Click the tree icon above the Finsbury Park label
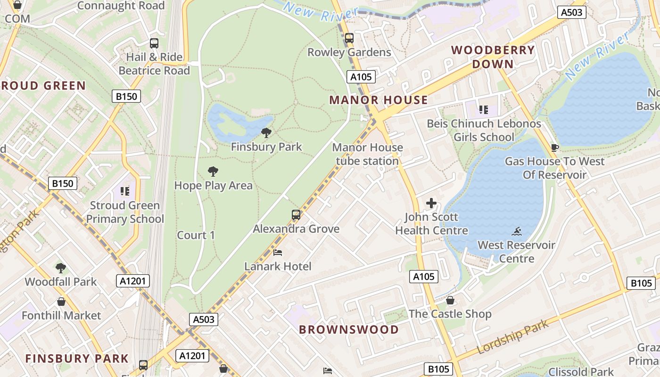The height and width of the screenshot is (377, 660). pyautogui.click(x=266, y=133)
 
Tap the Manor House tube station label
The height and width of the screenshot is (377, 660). pyautogui.click(x=367, y=154)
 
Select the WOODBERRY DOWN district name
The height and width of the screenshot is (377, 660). pyautogui.click(x=493, y=57)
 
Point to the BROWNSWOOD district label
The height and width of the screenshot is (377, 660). pyautogui.click(x=349, y=329)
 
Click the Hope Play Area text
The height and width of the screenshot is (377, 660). pyautogui.click(x=214, y=185)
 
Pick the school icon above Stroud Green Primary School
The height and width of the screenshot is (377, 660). pyautogui.click(x=125, y=191)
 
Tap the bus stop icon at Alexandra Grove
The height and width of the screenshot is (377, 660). pyautogui.click(x=296, y=215)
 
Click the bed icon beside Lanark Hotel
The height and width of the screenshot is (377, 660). pyautogui.click(x=278, y=253)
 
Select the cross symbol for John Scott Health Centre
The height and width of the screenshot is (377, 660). pyautogui.click(x=431, y=203)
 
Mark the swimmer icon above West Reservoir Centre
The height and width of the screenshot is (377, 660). pyautogui.click(x=517, y=231)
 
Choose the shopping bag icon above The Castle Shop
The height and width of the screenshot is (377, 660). pyautogui.click(x=450, y=300)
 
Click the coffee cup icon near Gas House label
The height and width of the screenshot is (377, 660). pyautogui.click(x=555, y=148)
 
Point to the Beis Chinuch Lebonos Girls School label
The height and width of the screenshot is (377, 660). pyautogui.click(x=484, y=130)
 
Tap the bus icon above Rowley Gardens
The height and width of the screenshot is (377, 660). pyautogui.click(x=349, y=38)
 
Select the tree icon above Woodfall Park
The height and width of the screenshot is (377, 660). pyautogui.click(x=60, y=268)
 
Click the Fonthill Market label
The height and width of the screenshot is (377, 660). pyautogui.click(x=61, y=315)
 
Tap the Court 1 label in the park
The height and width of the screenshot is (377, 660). pyautogui.click(x=196, y=235)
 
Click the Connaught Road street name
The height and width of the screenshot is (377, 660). pyautogui.click(x=121, y=6)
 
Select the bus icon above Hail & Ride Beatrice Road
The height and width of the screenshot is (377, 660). pyautogui.click(x=154, y=43)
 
